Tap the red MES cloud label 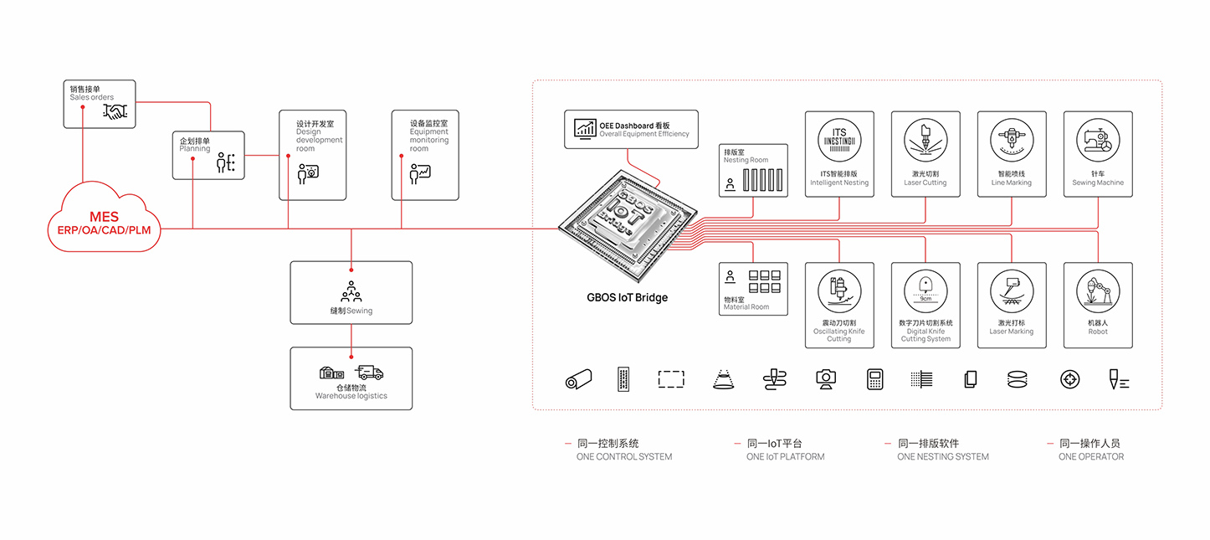pyautogui.click(x=104, y=217)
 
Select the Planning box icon pyautogui.click(x=226, y=162)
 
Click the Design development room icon pyautogui.click(x=308, y=173)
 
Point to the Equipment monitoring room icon pyautogui.click(x=419, y=173)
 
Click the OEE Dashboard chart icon pyautogui.click(x=584, y=129)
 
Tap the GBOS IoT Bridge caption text pyautogui.click(x=627, y=297)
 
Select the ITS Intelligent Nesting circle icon pyautogui.click(x=839, y=140)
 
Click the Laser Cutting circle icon pyautogui.click(x=925, y=140)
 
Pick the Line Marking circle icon pyautogui.click(x=1011, y=140)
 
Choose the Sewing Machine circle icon pyautogui.click(x=1098, y=140)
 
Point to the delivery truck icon pyautogui.click(x=369, y=373)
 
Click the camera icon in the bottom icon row pyautogui.click(x=826, y=379)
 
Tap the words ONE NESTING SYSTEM pyautogui.click(x=942, y=457)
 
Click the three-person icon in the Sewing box pyautogui.click(x=351, y=291)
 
